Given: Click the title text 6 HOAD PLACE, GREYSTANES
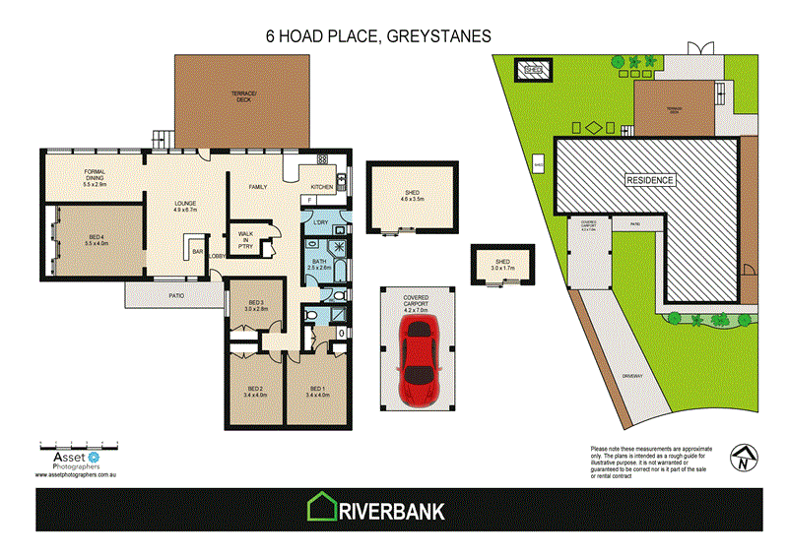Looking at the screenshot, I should (379, 36).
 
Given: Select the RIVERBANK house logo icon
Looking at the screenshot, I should (321, 509).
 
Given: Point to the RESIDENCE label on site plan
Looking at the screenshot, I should (651, 181).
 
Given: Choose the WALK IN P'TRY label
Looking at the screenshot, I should (246, 238).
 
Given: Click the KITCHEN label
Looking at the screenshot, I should (322, 187).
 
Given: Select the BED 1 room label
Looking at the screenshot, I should (317, 392).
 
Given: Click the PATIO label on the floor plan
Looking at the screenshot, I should (176, 294).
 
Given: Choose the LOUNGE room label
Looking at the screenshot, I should (186, 206).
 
